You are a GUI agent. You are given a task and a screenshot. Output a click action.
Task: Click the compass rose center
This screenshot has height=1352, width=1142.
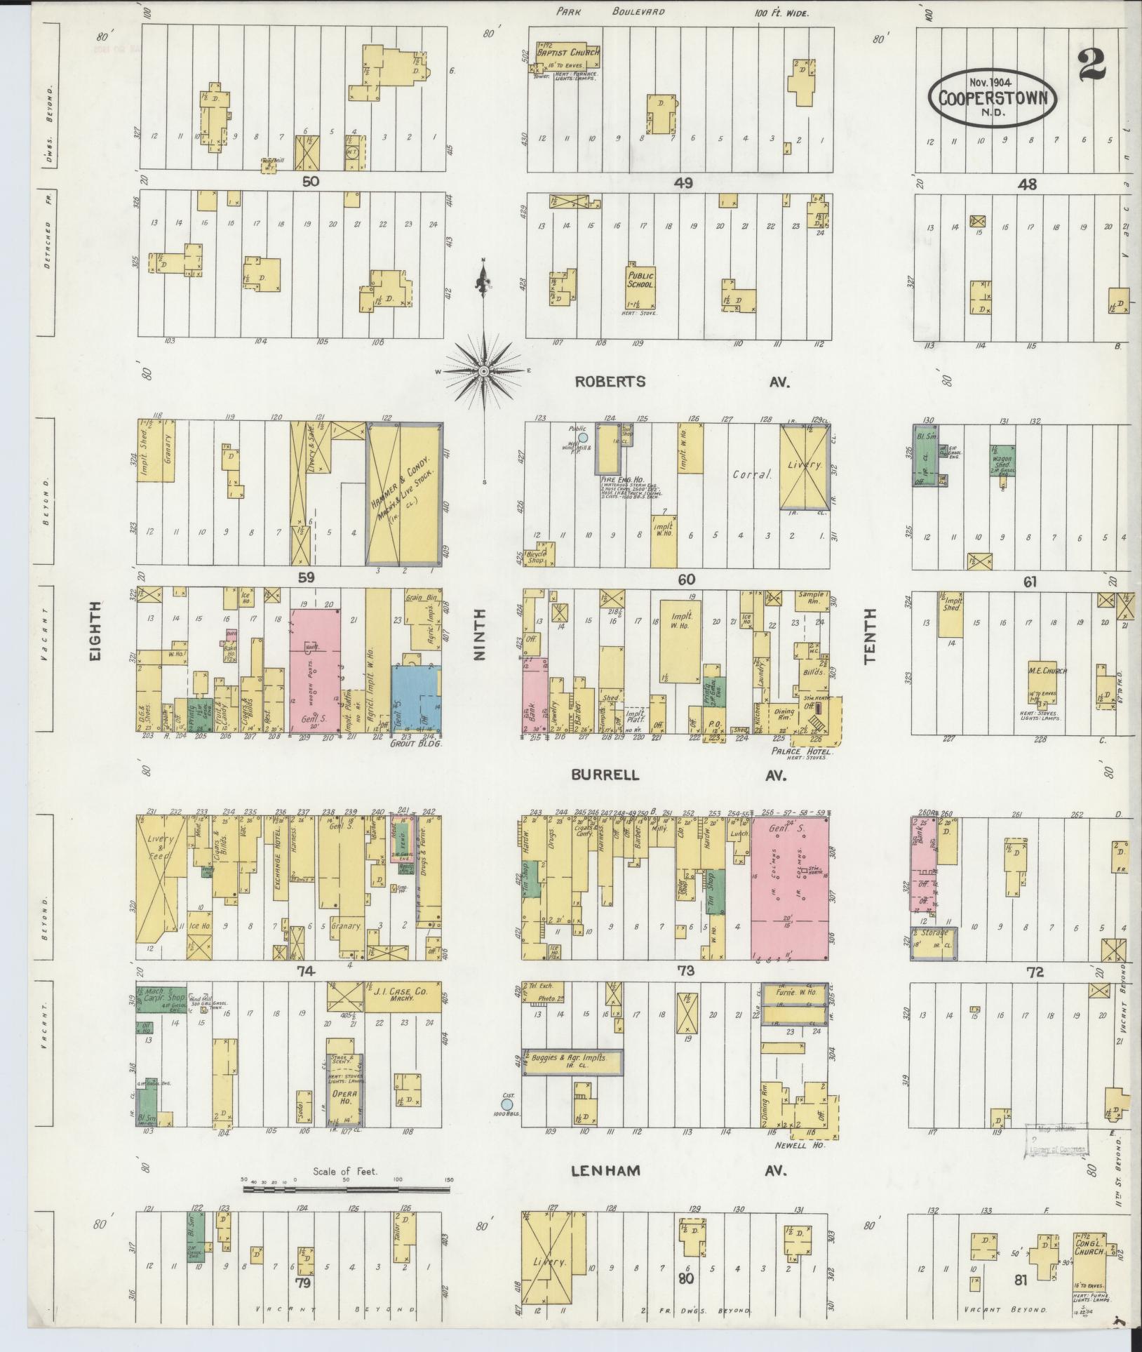484,370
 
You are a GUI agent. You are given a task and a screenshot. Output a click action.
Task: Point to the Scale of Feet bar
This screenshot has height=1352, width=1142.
346,1190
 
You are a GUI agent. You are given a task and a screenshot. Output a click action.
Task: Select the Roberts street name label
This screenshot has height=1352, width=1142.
610,382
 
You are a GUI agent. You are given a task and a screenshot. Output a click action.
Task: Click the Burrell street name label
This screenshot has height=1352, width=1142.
605,775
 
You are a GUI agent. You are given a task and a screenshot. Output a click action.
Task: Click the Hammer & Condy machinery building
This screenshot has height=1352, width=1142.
404,495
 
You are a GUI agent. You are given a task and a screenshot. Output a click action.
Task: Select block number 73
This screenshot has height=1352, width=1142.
685,972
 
